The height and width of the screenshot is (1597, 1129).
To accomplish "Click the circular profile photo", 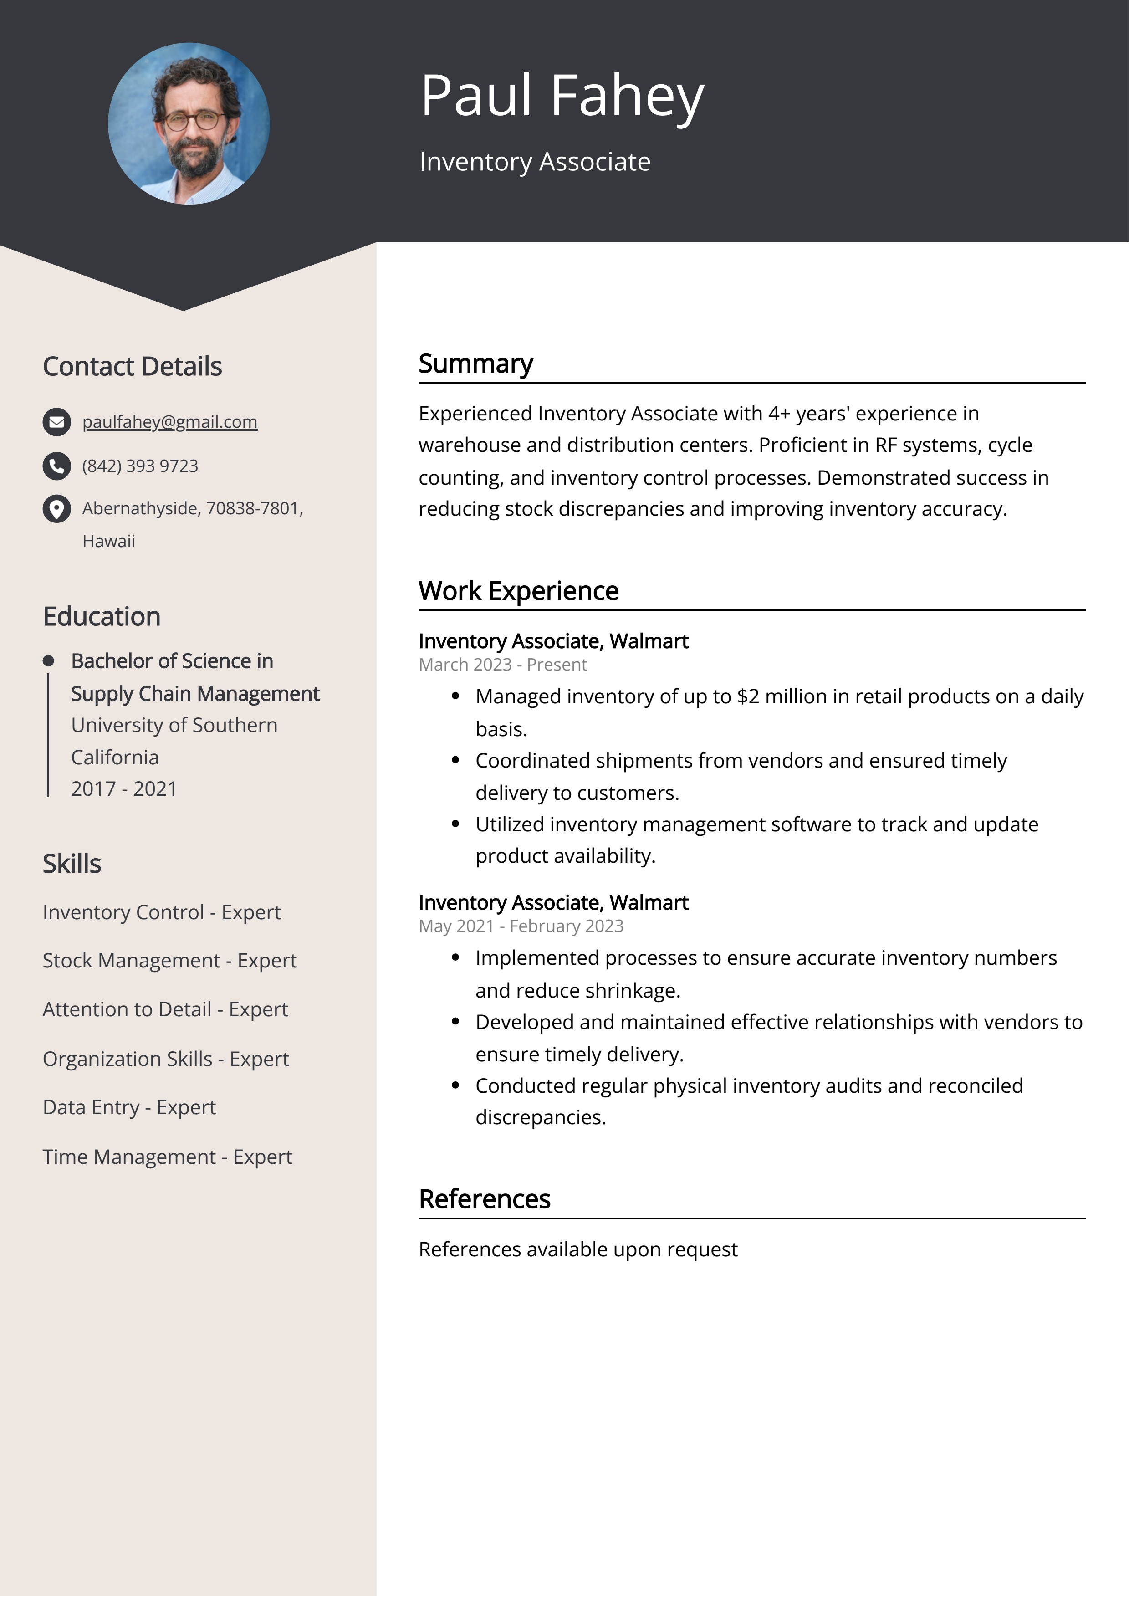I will [189, 124].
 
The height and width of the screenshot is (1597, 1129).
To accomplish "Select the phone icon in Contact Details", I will [56, 466].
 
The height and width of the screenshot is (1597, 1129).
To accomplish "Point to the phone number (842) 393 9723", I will [140, 466].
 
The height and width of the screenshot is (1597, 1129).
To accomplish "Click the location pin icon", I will [56, 508].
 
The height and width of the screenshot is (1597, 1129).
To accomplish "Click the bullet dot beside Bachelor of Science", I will [48, 661].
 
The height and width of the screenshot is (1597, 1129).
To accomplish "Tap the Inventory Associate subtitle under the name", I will [534, 161].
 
